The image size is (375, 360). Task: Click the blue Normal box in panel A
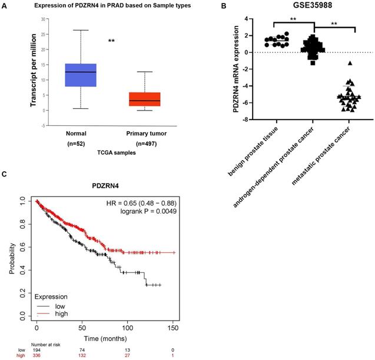click(80, 75)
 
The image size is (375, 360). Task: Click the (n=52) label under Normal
click(80, 142)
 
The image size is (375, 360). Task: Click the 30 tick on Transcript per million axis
click(43, 19)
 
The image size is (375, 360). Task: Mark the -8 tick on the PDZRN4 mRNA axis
click(252, 119)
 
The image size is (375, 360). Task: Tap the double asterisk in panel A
click(111, 41)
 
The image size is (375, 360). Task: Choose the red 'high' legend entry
click(61, 314)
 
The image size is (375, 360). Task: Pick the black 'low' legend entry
click(60, 306)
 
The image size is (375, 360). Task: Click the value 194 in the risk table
click(36, 349)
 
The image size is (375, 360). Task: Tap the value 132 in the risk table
click(82, 356)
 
